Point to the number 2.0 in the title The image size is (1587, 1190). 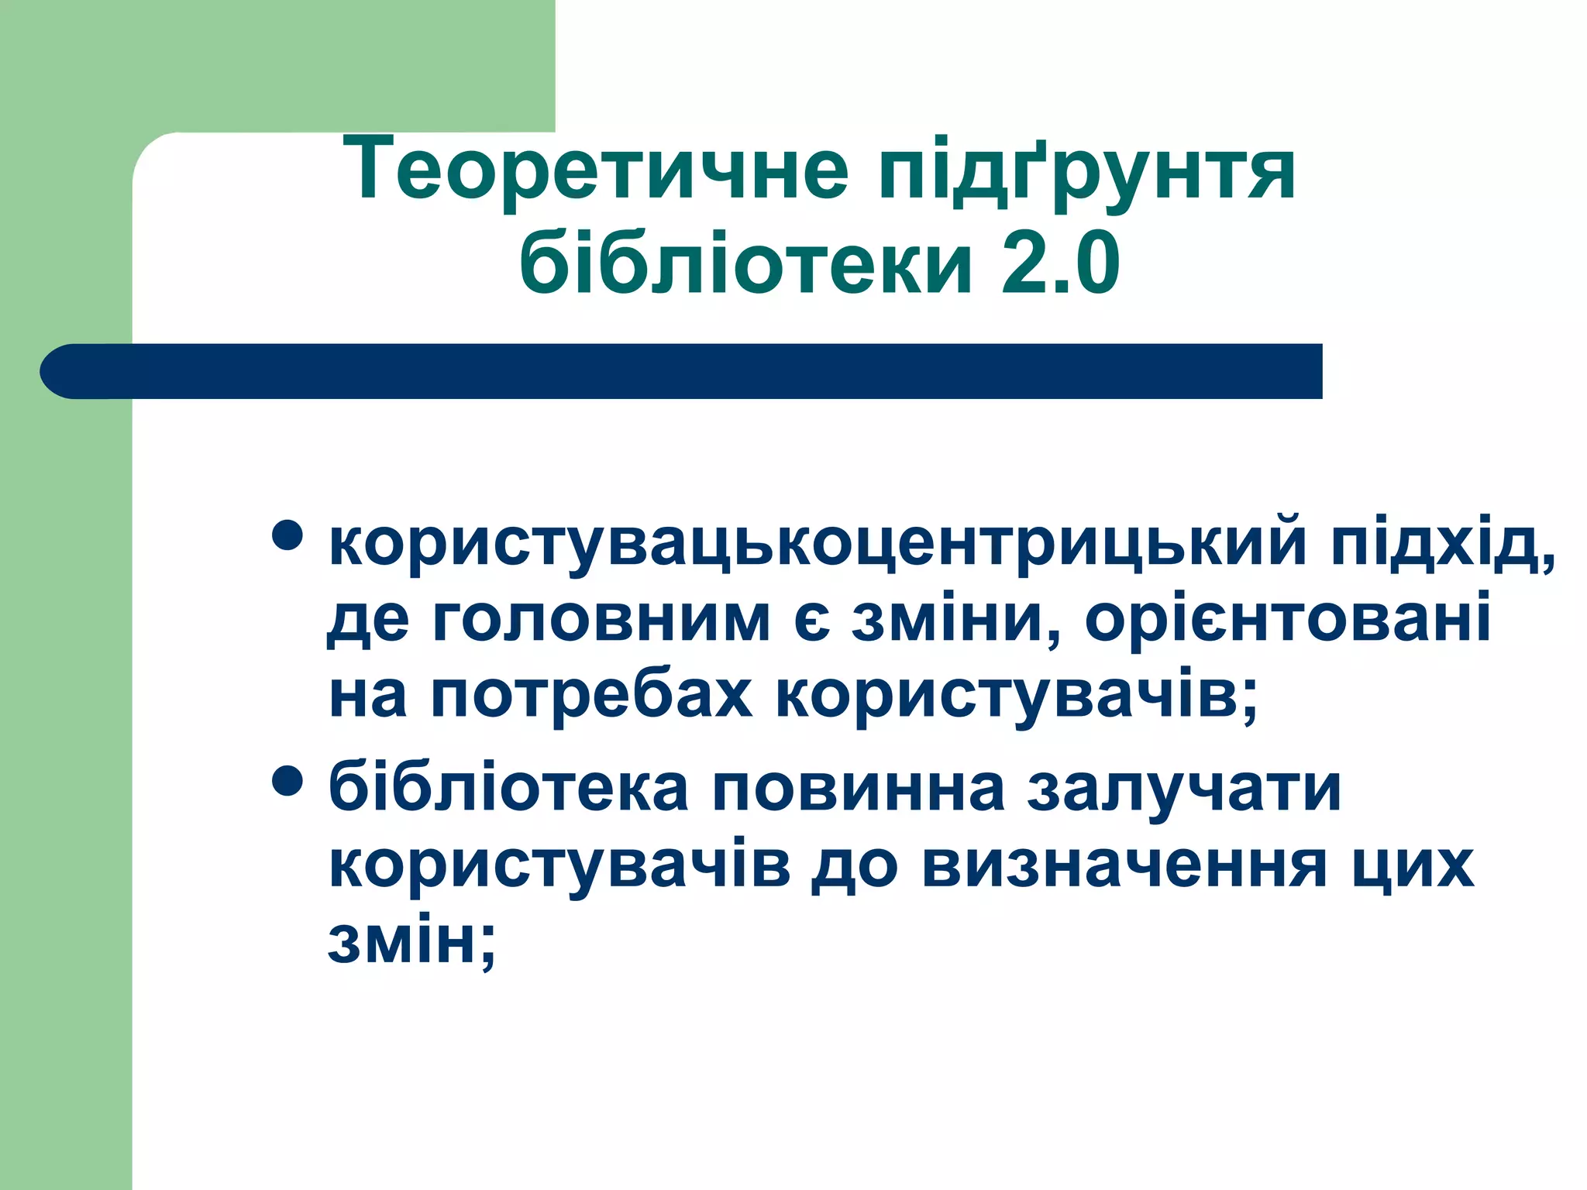coord(1060,263)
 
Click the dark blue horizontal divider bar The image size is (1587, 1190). coord(682,371)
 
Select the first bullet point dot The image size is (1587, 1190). coord(287,535)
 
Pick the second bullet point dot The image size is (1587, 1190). coord(287,781)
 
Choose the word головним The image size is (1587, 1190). coord(601,620)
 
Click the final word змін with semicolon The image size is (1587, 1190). coord(411,941)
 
